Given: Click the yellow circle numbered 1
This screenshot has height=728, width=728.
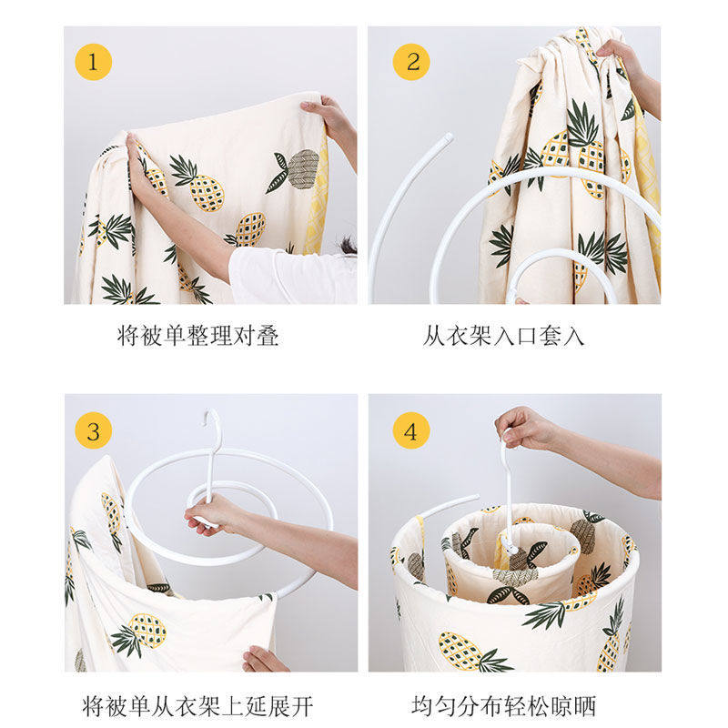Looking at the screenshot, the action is pos(94,62).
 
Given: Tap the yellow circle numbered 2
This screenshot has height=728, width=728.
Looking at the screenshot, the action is pos(411,62).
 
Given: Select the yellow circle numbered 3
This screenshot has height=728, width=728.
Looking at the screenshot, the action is pos(94,430).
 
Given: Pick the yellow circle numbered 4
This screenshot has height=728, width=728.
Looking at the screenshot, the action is pos(411,430).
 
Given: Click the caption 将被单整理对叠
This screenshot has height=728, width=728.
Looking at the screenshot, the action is pos(197,335).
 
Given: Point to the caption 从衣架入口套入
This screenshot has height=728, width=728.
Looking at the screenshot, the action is pos(503,335).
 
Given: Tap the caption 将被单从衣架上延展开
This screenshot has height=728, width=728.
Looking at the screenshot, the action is pos(197,706).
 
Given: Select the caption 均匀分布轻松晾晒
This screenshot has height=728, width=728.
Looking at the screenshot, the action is pos(503,706).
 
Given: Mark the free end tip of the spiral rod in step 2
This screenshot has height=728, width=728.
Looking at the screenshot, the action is pos(448,137).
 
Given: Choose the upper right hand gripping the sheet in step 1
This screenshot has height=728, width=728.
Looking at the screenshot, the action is pos(328,116).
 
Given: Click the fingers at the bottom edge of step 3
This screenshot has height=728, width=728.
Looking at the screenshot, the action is pos(264,659).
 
